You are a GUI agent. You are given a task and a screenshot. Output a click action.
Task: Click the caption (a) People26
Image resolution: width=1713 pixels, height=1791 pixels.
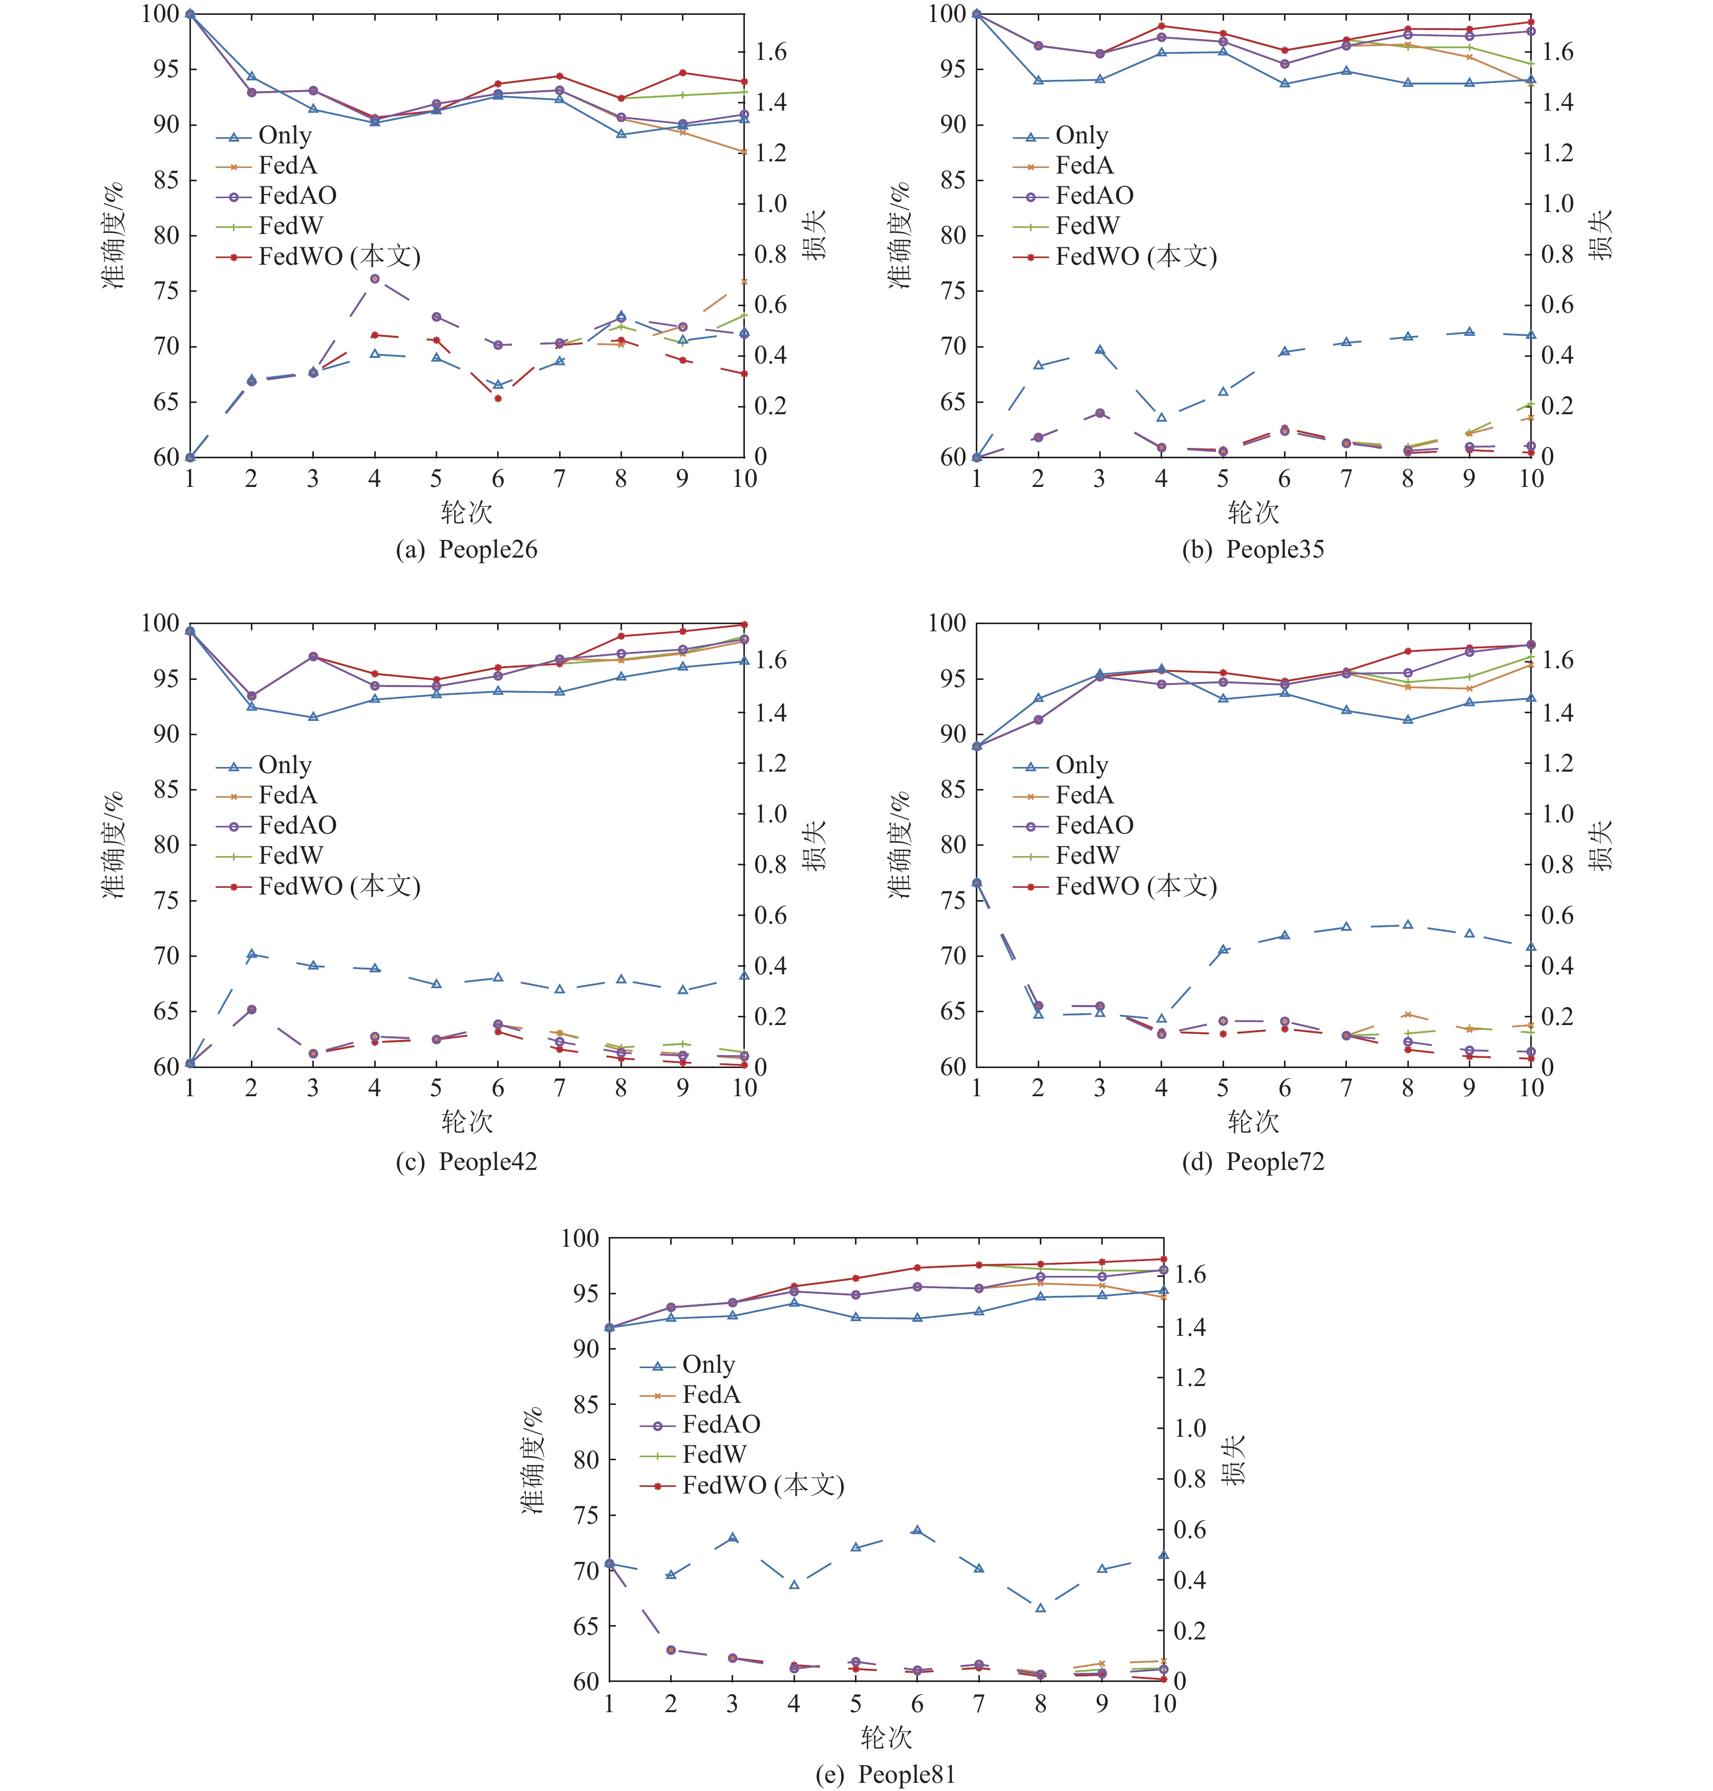pyautogui.click(x=466, y=550)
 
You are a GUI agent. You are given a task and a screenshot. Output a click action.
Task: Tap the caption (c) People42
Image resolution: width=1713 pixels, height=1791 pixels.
pyautogui.click(x=466, y=1162)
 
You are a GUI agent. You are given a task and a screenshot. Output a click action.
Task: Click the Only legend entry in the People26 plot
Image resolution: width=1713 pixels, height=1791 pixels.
pyautogui.click(x=284, y=136)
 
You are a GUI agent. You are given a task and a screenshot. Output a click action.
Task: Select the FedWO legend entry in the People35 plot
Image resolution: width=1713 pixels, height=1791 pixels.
pyautogui.click(x=1135, y=257)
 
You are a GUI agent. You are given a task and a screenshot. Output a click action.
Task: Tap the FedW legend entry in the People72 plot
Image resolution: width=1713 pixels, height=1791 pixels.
pyautogui.click(x=1086, y=856)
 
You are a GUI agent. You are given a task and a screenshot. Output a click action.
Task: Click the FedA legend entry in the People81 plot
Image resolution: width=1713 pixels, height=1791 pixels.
pyautogui.click(x=711, y=1395)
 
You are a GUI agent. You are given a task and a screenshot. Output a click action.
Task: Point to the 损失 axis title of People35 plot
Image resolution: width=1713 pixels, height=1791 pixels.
pyautogui.click(x=1600, y=234)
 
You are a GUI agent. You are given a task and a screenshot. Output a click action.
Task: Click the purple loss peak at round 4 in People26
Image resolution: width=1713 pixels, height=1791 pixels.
pyautogui.click(x=374, y=279)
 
